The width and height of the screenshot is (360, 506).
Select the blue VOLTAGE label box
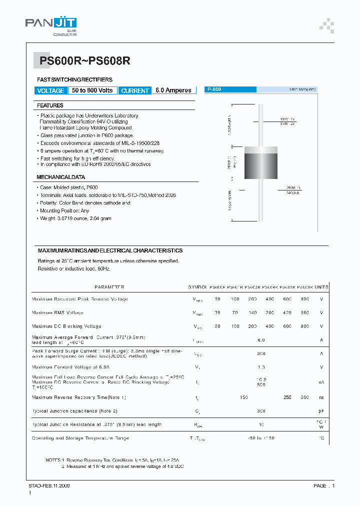50,90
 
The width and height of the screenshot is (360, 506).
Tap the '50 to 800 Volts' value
92,90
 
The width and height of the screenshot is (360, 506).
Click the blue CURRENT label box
135,90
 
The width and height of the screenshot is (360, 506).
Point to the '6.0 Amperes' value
173,90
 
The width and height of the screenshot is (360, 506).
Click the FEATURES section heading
50,105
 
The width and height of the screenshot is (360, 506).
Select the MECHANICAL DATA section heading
60,177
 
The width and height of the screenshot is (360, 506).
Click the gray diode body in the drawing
260,162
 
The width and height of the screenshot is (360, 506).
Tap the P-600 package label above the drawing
214,89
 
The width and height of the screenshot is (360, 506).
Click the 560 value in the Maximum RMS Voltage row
304,312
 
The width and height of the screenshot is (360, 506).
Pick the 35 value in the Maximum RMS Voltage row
217,312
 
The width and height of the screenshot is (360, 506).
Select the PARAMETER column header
109,287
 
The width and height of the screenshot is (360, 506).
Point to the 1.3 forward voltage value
261,367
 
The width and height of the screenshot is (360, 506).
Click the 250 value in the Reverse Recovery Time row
287,397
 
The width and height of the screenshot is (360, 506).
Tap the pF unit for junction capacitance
321,411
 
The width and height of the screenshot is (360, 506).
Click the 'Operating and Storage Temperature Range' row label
80,438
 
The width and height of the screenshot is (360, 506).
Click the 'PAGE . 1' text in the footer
324,485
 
